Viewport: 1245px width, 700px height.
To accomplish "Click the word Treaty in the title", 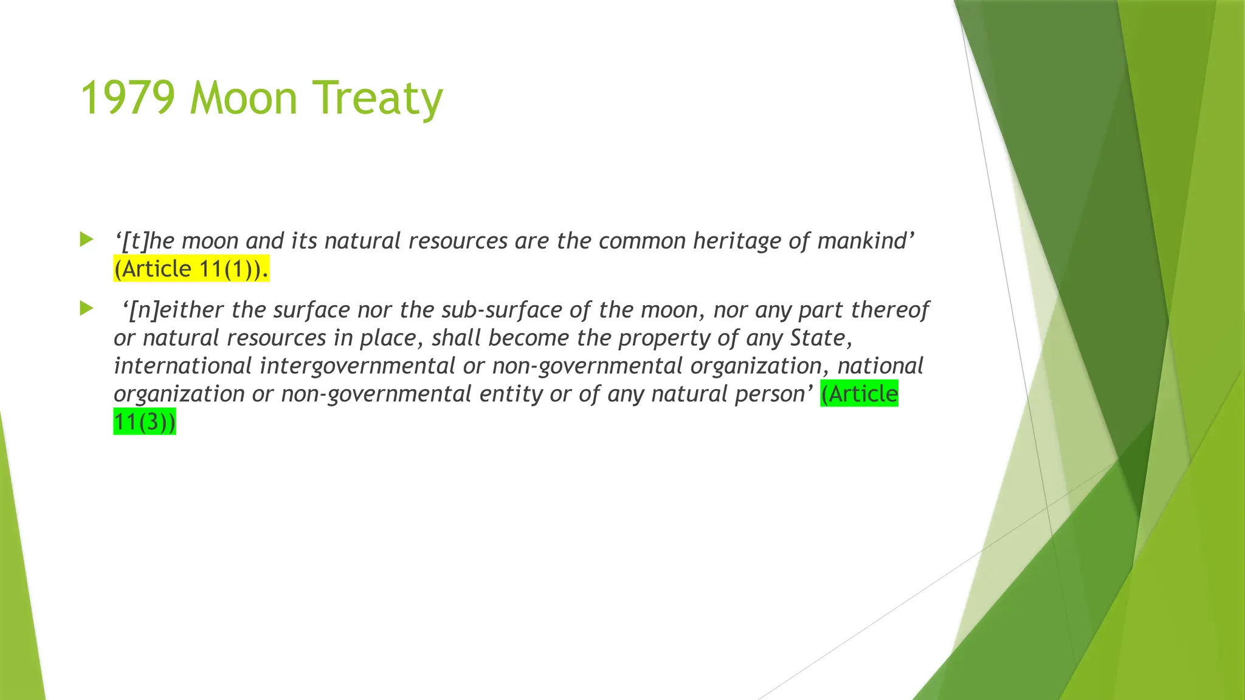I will point(378,98).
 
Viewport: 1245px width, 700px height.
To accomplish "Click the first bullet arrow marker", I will point(86,239).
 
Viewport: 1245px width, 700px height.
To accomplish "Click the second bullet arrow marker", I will point(86,309).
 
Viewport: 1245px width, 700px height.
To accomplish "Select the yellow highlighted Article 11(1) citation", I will point(191,269).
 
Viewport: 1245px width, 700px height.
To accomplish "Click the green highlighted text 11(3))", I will point(145,421).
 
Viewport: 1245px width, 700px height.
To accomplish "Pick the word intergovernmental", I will point(357,366).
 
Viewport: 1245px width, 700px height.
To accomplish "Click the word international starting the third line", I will point(182,366).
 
